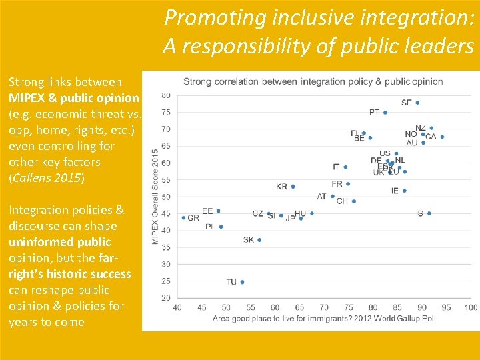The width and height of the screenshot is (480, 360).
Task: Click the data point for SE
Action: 417,103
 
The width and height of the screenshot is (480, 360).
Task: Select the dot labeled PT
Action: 385,113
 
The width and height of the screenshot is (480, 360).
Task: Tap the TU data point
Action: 242,282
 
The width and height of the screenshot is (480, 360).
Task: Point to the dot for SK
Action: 259,240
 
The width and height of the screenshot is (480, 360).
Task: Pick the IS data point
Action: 429,213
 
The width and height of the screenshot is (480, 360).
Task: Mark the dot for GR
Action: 183,217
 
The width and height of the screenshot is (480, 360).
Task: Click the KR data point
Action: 293,187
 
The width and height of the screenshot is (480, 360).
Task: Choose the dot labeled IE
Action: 404,191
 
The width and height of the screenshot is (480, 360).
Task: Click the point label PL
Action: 210,227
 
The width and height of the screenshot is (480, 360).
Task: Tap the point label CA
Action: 431,137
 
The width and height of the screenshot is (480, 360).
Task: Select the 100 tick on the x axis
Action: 471,307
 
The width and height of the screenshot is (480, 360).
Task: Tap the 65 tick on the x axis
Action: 299,307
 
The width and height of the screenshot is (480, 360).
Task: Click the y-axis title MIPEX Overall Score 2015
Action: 155,196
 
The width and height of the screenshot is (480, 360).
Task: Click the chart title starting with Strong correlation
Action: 313,82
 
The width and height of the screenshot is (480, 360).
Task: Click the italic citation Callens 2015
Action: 47,178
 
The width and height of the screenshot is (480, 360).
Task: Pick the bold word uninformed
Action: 59,242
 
